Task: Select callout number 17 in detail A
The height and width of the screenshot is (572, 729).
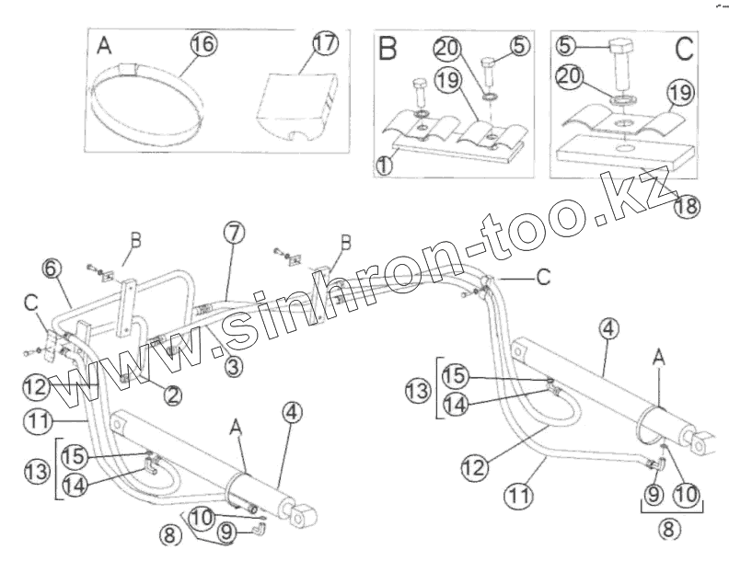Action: click(324, 43)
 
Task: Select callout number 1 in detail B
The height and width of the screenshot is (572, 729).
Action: click(385, 165)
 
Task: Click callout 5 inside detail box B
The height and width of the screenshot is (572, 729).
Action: click(520, 43)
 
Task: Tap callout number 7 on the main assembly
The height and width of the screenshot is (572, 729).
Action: click(233, 234)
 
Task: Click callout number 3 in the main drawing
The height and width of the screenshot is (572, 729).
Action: click(234, 367)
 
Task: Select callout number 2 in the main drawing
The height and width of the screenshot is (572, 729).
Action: click(172, 395)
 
